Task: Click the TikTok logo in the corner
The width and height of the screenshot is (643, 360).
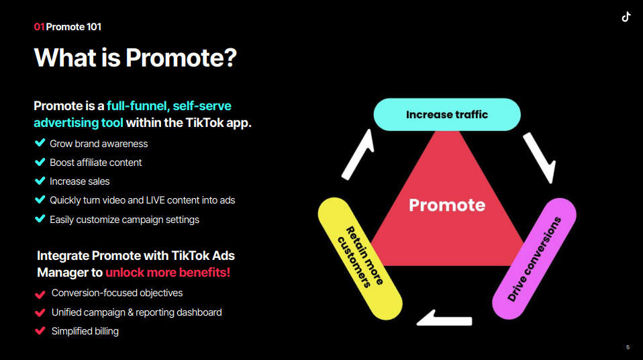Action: (626, 17)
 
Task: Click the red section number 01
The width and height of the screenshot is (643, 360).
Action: (39, 27)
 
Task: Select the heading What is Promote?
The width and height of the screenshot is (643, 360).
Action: (136, 58)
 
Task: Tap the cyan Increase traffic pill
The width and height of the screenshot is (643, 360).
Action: (447, 115)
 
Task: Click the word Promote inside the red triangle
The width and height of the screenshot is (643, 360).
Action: (447, 205)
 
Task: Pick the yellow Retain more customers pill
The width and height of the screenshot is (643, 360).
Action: (360, 259)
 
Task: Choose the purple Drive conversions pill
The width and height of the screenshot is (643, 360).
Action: (534, 259)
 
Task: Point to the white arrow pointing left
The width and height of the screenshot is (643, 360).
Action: (444, 318)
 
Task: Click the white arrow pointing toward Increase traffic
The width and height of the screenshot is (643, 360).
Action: (358, 154)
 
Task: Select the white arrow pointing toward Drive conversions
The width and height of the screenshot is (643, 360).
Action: (540, 158)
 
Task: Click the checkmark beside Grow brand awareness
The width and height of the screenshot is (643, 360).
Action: (40, 143)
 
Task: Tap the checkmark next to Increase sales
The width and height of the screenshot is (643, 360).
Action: (40, 181)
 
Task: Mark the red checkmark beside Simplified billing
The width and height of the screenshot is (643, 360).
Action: (40, 331)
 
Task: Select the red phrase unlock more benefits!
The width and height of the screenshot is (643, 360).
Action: (168, 272)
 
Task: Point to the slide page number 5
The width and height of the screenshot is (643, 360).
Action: (628, 347)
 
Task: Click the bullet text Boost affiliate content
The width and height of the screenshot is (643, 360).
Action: (95, 163)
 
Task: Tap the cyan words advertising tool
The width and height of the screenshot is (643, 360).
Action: (79, 123)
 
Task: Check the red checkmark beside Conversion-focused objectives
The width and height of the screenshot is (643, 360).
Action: (40, 294)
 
